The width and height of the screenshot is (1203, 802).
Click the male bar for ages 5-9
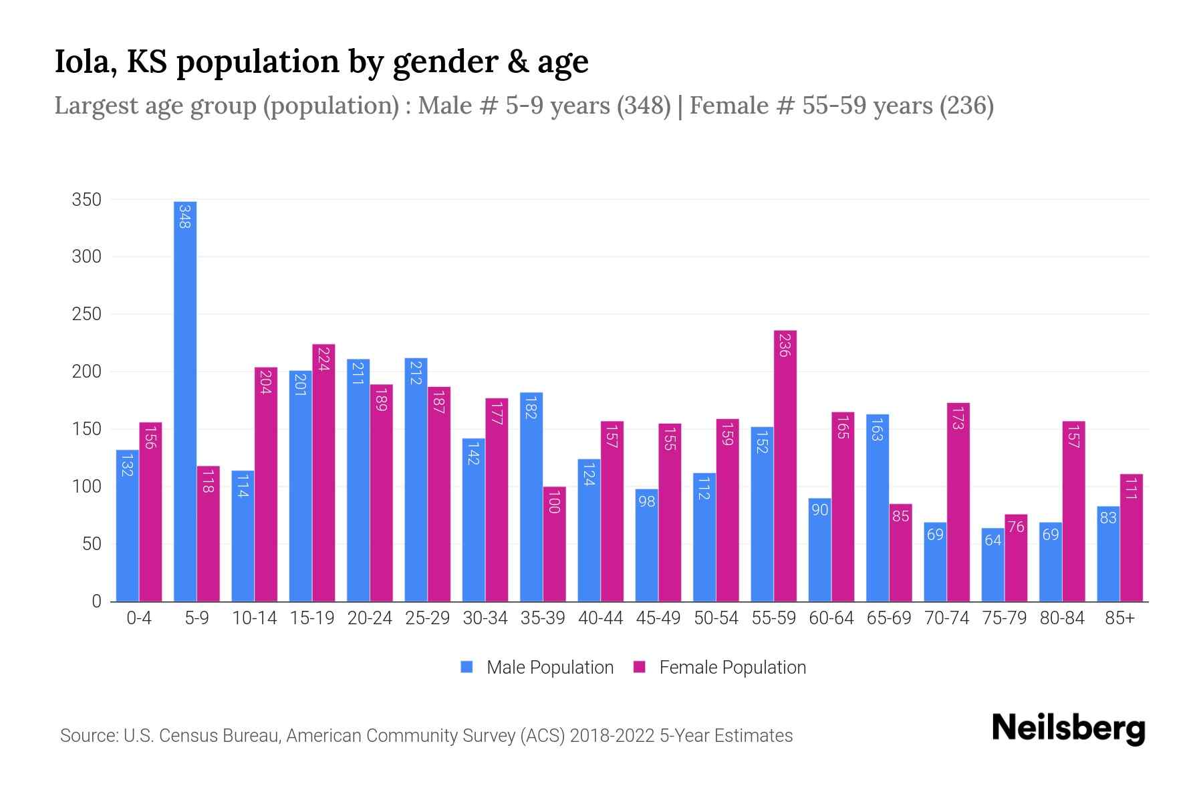point(185,401)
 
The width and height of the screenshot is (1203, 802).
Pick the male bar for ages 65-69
point(878,508)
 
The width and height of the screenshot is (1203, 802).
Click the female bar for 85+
point(1131,538)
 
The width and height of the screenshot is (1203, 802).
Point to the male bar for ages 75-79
point(992,565)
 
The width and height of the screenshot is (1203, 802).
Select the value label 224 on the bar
point(323,359)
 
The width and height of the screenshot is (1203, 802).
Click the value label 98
point(646,501)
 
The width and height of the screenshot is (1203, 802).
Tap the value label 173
point(958,418)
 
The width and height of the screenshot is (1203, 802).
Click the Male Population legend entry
point(537,667)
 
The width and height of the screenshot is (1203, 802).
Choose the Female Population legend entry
point(720,667)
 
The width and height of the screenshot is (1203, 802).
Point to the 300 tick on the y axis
point(86,257)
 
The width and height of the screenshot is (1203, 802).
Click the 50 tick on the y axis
point(92,544)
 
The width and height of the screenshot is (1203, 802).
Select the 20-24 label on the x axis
point(370,618)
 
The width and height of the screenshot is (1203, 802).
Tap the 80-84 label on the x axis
point(1062,618)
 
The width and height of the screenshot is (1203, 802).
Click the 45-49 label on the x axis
point(658,618)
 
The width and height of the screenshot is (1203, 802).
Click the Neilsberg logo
point(1068,728)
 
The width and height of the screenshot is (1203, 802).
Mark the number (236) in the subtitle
point(966,106)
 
